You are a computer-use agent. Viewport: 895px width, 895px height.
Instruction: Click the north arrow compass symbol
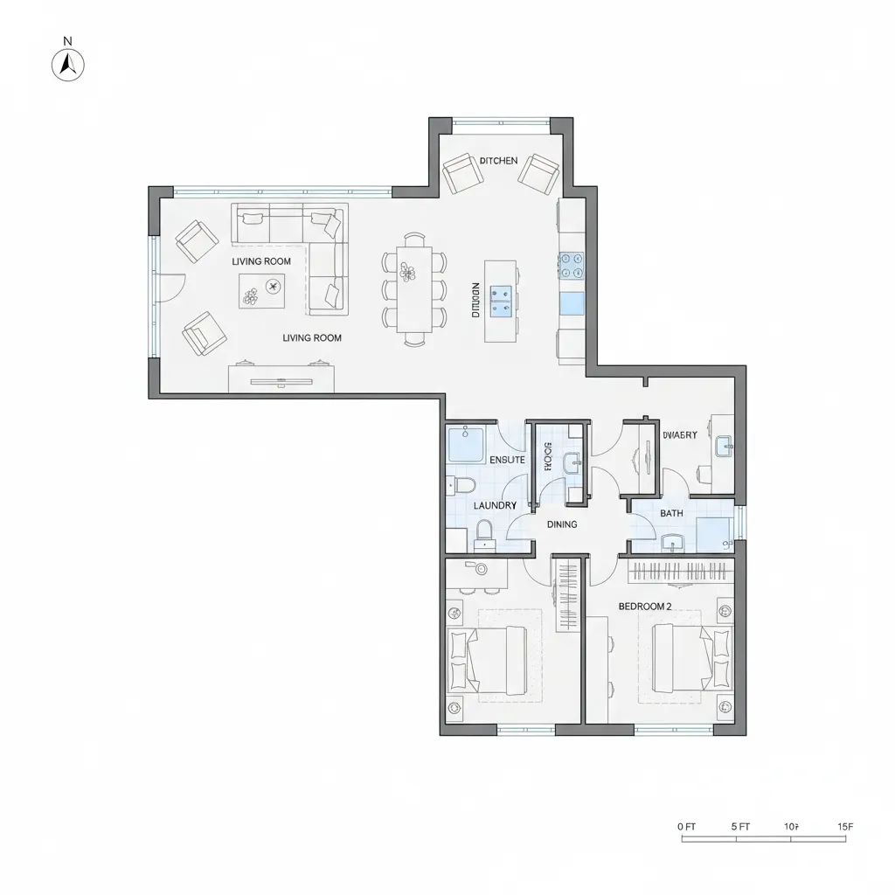(69, 64)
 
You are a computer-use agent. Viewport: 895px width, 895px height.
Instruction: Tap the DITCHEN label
(499, 161)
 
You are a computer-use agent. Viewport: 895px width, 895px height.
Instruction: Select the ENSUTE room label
(507, 460)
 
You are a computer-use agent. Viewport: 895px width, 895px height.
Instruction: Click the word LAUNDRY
(495, 505)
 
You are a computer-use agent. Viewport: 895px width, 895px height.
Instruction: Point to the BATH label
(671, 513)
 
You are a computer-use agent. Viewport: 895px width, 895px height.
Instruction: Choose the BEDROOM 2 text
(644, 606)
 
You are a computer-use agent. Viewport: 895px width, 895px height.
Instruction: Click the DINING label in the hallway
(561, 524)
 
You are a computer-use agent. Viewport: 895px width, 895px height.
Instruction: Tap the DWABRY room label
(679, 434)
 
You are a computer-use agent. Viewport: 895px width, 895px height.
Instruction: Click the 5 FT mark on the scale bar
(739, 826)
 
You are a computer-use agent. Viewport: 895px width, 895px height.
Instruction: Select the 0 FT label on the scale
(686, 826)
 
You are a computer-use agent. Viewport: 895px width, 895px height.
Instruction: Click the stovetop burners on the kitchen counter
(572, 265)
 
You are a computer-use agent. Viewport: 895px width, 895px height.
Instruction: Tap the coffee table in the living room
(262, 290)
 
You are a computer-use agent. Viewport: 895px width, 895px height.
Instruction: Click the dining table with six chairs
(414, 288)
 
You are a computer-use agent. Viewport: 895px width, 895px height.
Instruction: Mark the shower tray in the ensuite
(467, 443)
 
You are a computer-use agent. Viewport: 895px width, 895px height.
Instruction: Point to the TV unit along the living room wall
(281, 378)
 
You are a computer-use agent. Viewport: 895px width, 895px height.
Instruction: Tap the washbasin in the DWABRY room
(726, 447)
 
